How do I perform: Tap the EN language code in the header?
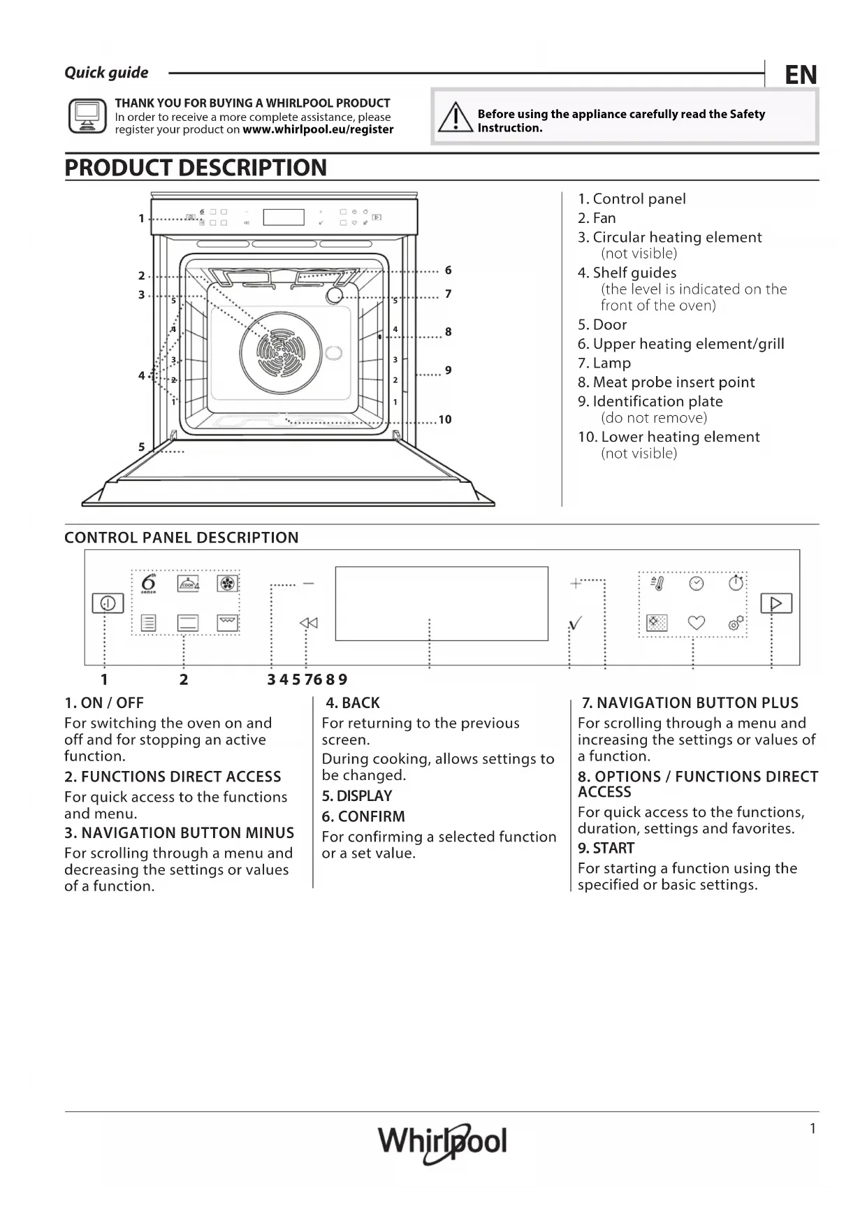pyautogui.click(x=800, y=75)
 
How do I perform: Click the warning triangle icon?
pyautogui.click(x=456, y=117)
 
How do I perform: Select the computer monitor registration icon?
pyautogui.click(x=87, y=115)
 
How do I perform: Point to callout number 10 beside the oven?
pyautogui.click(x=445, y=419)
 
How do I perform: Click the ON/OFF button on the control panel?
pyautogui.click(x=108, y=603)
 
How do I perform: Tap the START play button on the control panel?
pyautogui.click(x=775, y=603)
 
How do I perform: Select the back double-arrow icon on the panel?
pyautogui.click(x=308, y=623)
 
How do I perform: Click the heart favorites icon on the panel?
pyautogui.click(x=697, y=622)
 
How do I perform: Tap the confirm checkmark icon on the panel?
pyautogui.click(x=575, y=623)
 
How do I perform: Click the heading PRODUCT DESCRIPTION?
pyautogui.click(x=196, y=168)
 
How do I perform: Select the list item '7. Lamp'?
pyautogui.click(x=604, y=363)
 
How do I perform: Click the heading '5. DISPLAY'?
pyautogui.click(x=357, y=796)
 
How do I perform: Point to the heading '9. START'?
pyautogui.click(x=606, y=849)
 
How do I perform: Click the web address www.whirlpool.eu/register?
pyautogui.click(x=318, y=129)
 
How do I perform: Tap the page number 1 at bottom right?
pyautogui.click(x=813, y=1128)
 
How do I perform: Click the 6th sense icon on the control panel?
pyautogui.click(x=148, y=584)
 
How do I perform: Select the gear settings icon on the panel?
pyautogui.click(x=736, y=623)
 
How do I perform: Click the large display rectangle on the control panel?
pyautogui.click(x=442, y=603)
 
